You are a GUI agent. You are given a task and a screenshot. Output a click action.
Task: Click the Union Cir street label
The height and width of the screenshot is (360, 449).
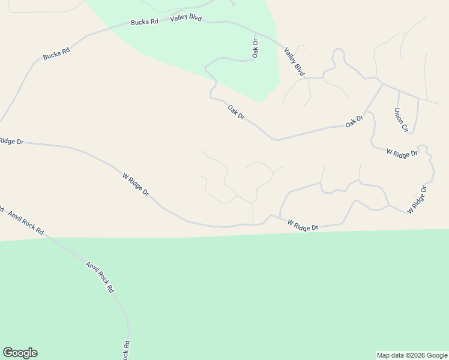[401, 120]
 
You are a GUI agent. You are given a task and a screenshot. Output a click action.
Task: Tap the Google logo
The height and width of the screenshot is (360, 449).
[20, 353]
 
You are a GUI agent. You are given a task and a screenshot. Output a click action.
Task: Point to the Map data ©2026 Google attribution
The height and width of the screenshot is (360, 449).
[411, 355]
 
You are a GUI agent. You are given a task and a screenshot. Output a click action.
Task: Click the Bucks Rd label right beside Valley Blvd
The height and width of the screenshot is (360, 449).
[144, 22]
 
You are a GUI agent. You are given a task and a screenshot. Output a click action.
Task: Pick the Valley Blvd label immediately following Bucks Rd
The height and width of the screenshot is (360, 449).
[185, 18]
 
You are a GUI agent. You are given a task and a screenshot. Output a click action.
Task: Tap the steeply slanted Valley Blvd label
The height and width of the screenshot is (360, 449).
[295, 61]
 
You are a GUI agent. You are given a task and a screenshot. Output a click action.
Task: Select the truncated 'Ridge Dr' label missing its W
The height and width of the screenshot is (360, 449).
[11, 141]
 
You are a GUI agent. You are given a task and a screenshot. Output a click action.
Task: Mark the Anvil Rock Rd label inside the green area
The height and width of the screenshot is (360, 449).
[99, 277]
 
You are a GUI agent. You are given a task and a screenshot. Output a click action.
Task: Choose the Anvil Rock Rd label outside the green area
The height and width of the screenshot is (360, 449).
[26, 222]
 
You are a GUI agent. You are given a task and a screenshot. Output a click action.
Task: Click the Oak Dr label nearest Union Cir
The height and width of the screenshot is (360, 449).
[354, 122]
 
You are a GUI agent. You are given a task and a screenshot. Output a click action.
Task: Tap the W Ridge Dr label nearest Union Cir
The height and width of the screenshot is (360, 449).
[402, 154]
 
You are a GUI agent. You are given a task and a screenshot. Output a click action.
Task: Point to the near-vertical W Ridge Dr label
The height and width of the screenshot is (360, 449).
[417, 200]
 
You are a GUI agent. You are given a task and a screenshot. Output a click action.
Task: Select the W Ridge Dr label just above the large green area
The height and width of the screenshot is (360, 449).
[303, 226]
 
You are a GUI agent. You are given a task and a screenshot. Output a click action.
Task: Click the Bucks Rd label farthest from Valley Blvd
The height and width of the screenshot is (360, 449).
[56, 54]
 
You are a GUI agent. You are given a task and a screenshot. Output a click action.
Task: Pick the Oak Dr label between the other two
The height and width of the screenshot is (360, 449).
[237, 112]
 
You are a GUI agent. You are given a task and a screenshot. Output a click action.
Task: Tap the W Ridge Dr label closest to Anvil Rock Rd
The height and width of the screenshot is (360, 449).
[136, 185]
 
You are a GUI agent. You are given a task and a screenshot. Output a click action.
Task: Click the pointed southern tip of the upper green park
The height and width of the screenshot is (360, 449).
[260, 101]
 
